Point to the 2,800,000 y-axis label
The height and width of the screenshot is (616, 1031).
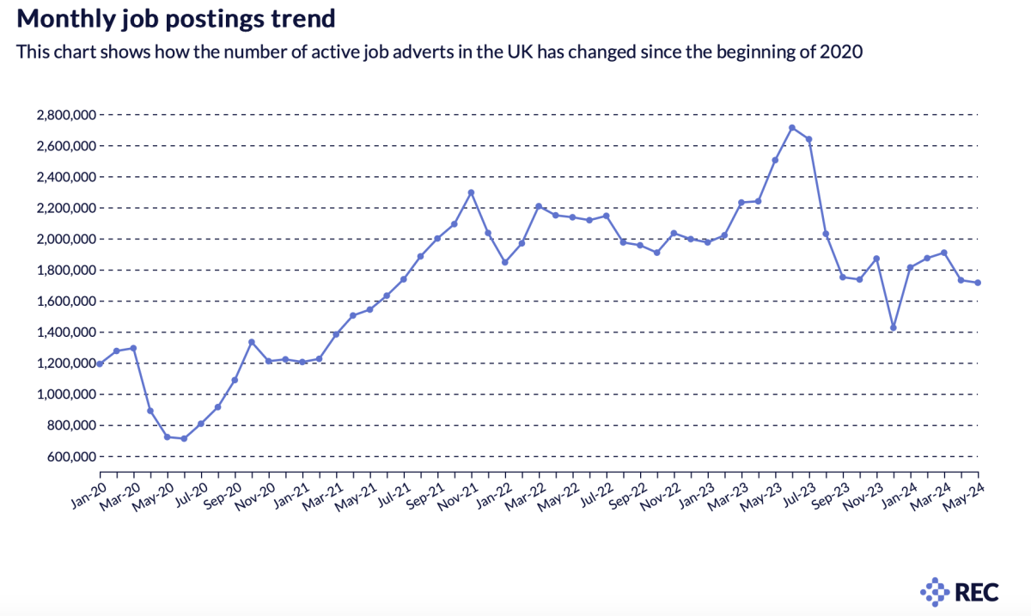click(65, 114)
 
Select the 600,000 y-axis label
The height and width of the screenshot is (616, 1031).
click(70, 456)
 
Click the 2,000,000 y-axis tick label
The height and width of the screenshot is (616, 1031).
click(65, 239)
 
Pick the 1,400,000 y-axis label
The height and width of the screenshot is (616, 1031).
click(65, 332)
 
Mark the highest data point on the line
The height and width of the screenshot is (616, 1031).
click(792, 128)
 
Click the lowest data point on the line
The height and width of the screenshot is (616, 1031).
click(184, 438)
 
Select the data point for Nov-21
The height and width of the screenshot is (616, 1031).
click(471, 192)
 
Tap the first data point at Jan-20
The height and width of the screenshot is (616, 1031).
click(100, 363)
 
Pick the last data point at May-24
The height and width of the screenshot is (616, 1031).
click(978, 283)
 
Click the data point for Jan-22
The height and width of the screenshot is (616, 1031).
click(505, 262)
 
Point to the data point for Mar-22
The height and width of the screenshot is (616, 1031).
click(539, 206)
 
